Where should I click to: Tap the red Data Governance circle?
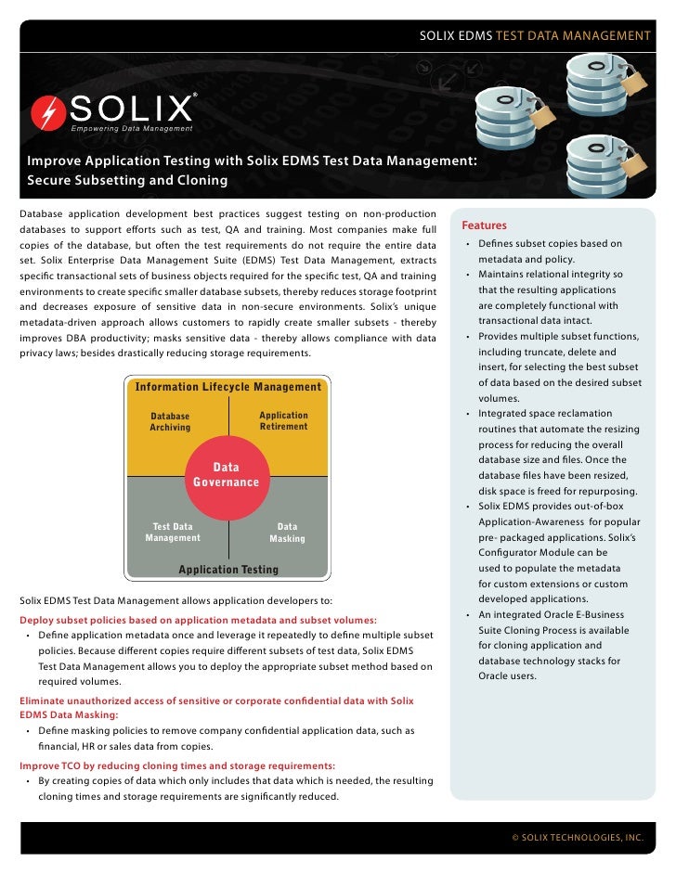tap(226, 476)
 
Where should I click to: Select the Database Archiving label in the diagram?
tap(170, 422)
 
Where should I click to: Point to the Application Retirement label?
tap(283, 421)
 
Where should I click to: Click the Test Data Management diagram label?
tap(173, 533)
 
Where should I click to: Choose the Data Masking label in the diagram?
tap(287, 533)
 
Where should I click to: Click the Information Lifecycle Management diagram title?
tap(228, 387)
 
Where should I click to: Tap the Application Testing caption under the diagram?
tap(228, 570)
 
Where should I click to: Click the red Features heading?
tap(484, 225)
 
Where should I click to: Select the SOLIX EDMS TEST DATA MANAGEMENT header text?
tap(535, 35)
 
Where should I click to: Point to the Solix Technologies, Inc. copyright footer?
tap(578, 837)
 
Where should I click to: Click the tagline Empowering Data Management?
tap(132, 127)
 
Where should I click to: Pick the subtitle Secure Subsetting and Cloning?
tap(127, 180)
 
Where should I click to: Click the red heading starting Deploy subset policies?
tap(198, 620)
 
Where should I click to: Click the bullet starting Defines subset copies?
tap(549, 251)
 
